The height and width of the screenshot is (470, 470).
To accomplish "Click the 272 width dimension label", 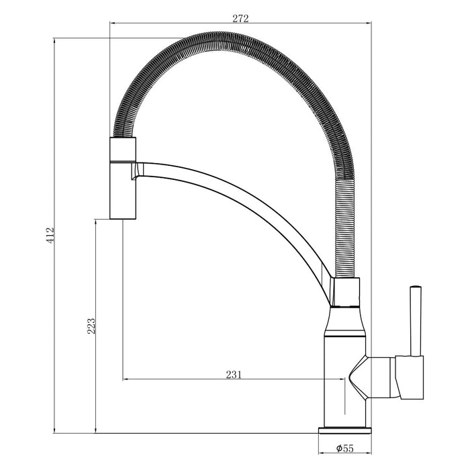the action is [240, 19].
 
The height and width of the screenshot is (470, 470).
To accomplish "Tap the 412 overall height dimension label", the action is [50, 235].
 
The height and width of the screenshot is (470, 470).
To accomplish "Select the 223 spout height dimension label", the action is [91, 326].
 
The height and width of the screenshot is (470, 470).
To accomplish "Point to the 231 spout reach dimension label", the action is [234, 375].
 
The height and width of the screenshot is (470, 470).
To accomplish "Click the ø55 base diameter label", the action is [344, 449].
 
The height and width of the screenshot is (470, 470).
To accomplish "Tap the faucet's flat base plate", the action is [344, 430].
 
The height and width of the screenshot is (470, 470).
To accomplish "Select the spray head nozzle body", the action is [123, 178].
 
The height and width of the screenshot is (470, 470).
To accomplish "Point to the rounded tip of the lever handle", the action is [416, 286].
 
